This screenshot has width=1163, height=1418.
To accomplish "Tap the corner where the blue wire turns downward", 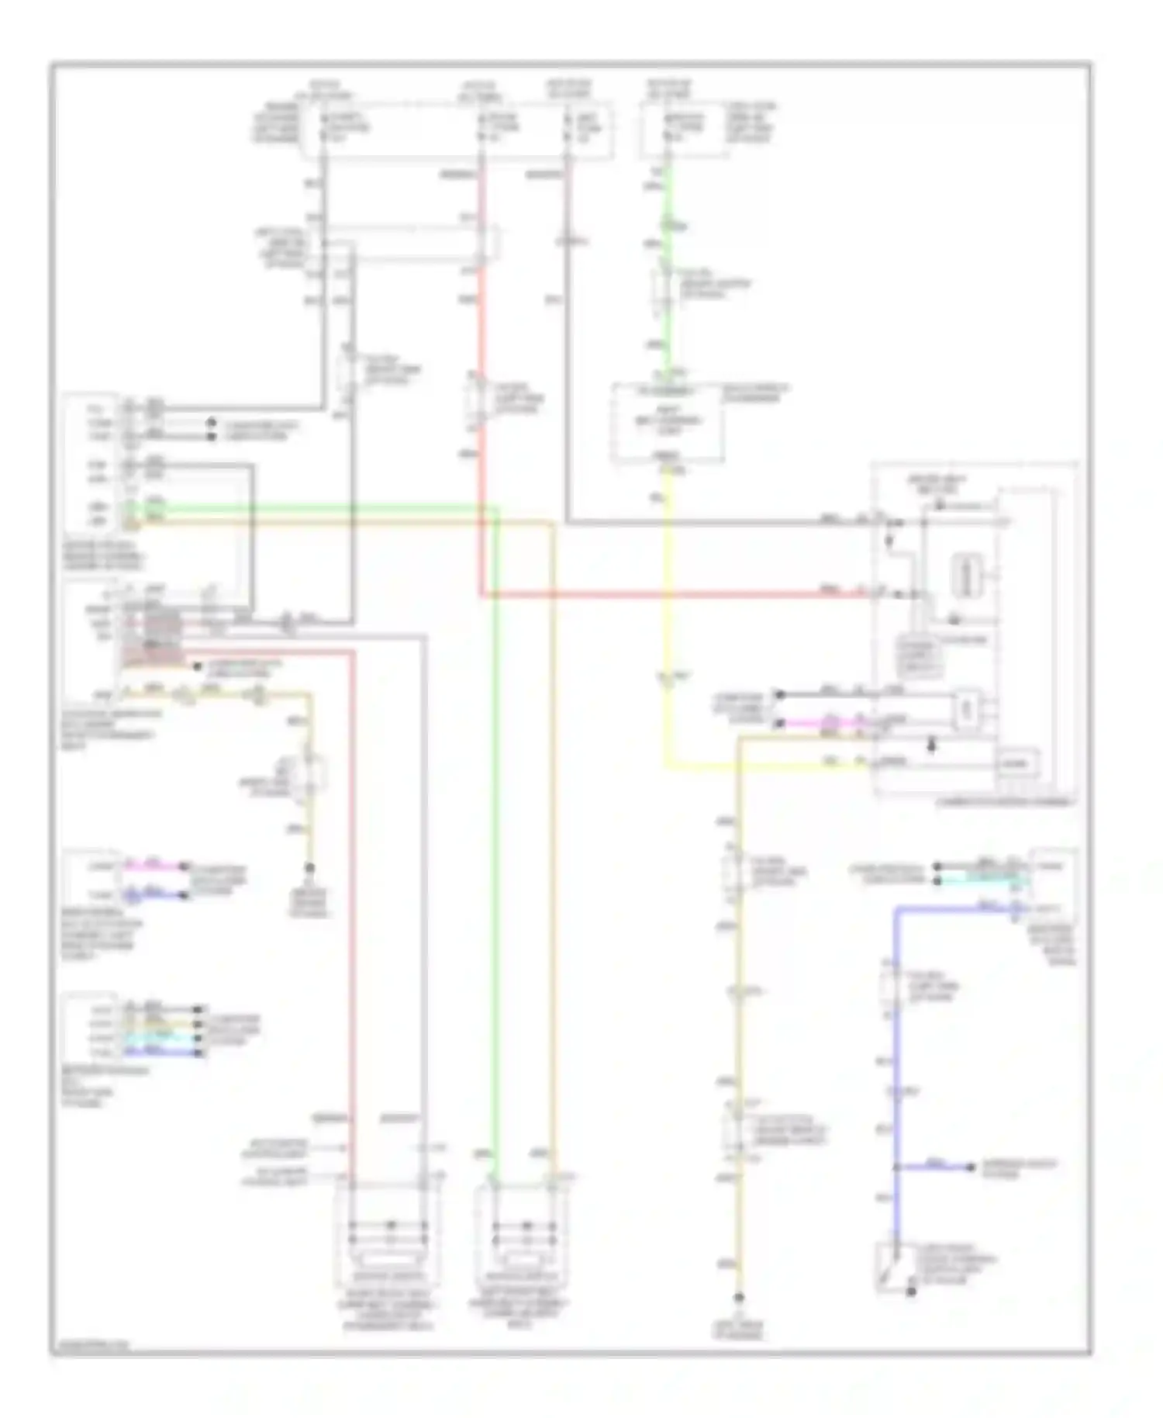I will (898, 908).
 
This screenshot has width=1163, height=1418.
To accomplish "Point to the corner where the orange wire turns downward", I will (553, 524).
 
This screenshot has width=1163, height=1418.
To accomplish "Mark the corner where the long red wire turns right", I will (481, 596).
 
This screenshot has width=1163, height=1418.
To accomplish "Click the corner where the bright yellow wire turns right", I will (666, 767).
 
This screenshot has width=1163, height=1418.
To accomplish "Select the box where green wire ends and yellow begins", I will (668, 423).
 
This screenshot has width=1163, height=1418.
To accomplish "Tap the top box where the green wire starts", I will (682, 128).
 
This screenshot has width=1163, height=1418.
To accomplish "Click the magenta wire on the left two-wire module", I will (155, 864).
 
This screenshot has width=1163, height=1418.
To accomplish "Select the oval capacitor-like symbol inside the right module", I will (968, 576).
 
